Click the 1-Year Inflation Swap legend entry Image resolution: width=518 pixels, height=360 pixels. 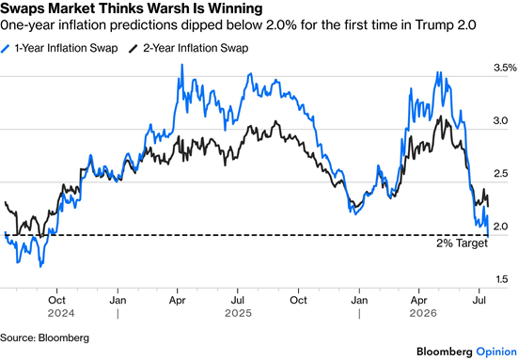click(59, 48)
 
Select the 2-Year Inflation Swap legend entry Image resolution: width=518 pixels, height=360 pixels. click(189, 48)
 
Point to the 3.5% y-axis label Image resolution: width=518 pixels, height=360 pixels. click(505, 68)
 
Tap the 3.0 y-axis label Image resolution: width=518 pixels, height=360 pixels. click(500, 121)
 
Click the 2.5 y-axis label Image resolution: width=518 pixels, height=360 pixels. click(500, 174)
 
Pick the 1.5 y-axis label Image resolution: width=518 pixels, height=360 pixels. click(501, 279)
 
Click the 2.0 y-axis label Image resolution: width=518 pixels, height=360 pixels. click(500, 227)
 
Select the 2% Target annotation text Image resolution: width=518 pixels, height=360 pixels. click(462, 243)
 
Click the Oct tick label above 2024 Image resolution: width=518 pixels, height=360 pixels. click(56, 300)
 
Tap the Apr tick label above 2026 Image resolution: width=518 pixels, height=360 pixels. click(418, 300)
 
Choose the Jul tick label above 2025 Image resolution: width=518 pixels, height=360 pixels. click(237, 300)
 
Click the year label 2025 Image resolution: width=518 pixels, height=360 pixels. click(238, 313)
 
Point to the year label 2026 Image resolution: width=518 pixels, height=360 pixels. click(423, 313)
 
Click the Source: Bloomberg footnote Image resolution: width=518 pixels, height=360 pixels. click(44, 337)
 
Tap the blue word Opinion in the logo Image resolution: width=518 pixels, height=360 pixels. click(496, 352)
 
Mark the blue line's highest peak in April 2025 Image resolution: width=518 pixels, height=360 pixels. click(182, 65)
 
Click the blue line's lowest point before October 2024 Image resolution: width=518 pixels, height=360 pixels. click(40, 266)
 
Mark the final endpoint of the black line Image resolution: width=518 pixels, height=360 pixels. click(488, 207)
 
